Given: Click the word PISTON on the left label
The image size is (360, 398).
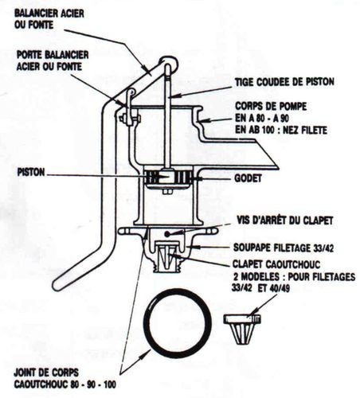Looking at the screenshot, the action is coord(31,173).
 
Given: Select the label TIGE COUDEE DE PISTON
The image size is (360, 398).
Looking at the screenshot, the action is coord(284,82).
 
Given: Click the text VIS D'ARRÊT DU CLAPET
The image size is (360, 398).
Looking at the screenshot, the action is coord(284,220).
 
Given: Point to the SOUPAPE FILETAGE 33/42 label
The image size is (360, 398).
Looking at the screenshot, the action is coord(284,248).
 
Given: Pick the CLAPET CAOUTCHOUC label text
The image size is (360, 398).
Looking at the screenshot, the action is coord(276,264).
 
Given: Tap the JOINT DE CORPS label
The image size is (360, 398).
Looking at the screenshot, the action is coord(46,373).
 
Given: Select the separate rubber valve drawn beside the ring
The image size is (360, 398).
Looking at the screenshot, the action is coord(242,329).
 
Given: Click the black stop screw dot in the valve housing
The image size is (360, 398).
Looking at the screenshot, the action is coord(167,234).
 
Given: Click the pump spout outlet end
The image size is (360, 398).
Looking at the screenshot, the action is coord(275,164).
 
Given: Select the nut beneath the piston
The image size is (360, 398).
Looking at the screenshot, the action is coord(167,192).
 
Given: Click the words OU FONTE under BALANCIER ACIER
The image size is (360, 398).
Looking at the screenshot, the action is coord(33,25).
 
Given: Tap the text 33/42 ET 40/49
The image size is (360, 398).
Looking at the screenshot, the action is coord(260,287).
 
